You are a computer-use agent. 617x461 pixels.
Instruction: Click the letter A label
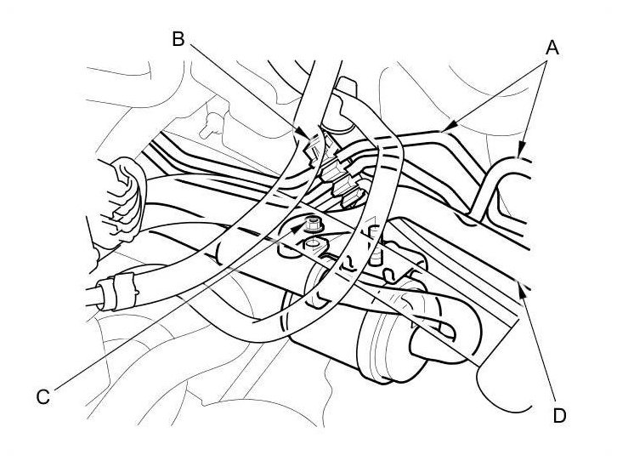pyautogui.click(x=552, y=49)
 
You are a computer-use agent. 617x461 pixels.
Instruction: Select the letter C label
pyautogui.click(x=44, y=396)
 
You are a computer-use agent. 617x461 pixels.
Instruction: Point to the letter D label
pyautogui.click(x=558, y=415)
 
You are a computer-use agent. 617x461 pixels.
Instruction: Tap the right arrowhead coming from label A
pyautogui.click(x=520, y=156)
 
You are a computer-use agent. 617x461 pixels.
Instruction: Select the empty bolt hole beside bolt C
pyautogui.click(x=313, y=246)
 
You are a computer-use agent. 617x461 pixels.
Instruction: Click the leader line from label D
pyautogui.click(x=541, y=349)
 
